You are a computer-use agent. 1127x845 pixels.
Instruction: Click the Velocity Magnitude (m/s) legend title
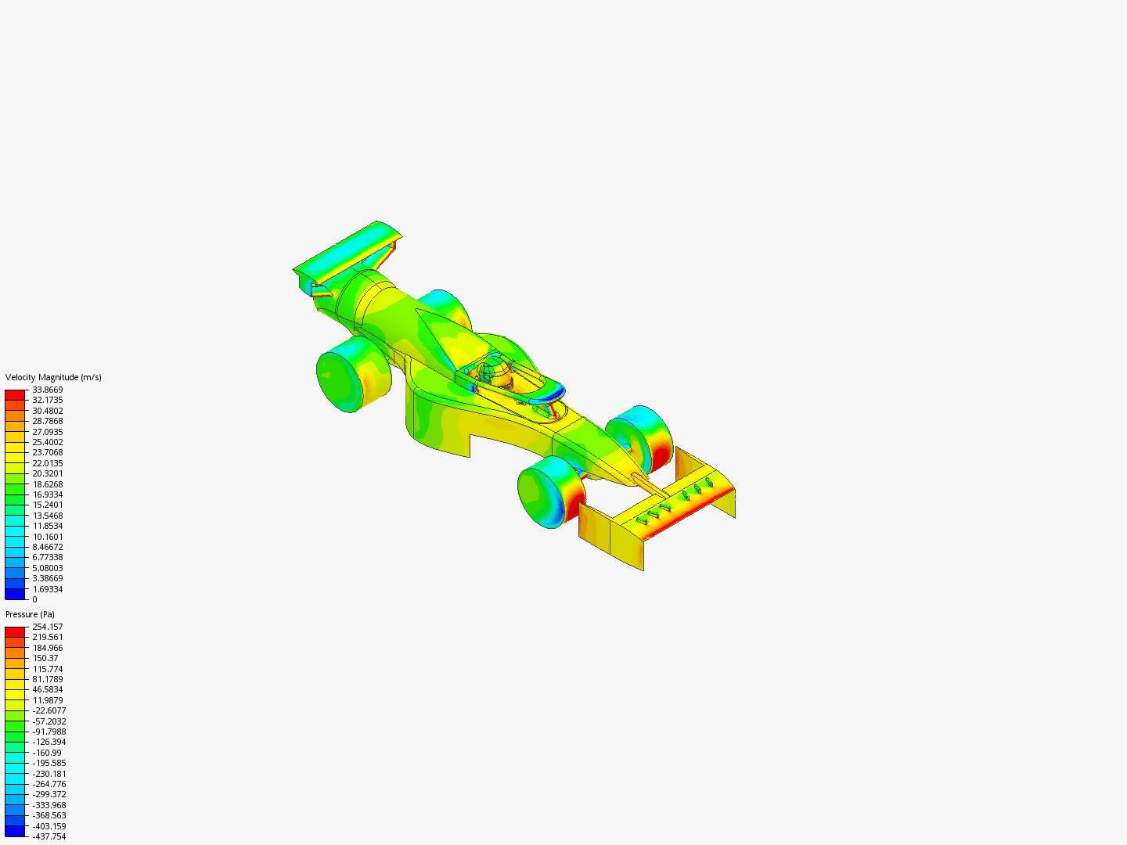pyautogui.click(x=53, y=378)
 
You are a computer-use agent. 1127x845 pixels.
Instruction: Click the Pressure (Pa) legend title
pyautogui.click(x=30, y=615)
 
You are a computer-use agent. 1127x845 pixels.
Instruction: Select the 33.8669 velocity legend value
pyautogui.click(x=48, y=390)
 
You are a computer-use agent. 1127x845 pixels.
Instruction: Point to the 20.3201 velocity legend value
pyautogui.click(x=48, y=473)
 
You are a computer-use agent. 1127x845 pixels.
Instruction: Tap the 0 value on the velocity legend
pyautogui.click(x=35, y=599)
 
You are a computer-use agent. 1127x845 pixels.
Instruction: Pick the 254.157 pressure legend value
pyautogui.click(x=48, y=627)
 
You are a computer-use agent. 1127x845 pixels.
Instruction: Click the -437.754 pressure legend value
pyautogui.click(x=48, y=837)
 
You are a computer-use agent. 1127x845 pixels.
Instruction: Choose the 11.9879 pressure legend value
pyautogui.click(x=48, y=700)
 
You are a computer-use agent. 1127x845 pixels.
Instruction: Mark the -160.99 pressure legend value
pyautogui.click(x=46, y=753)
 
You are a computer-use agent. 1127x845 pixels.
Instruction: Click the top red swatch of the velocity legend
pyautogui.click(x=15, y=395)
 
